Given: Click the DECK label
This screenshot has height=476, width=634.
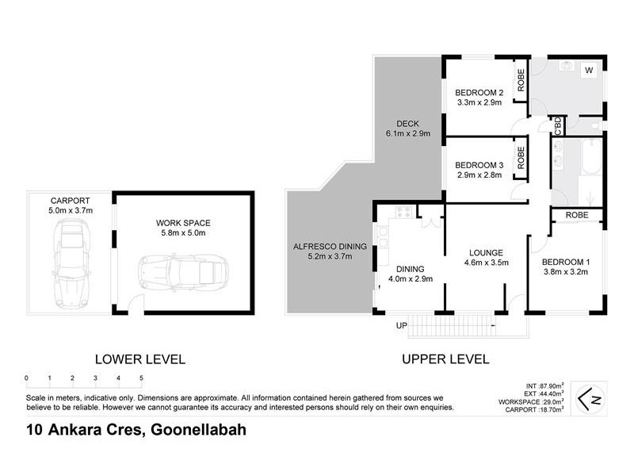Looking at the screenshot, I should coord(407,123).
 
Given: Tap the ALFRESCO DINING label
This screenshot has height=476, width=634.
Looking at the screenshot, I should coord(329,247).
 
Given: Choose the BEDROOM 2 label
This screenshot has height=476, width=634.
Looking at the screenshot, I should coord(479,92).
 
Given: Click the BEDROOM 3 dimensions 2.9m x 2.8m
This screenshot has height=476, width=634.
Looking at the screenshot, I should coord(479,175).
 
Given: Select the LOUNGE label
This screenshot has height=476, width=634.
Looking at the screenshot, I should coord(485,252).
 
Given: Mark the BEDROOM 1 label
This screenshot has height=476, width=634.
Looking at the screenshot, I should coord(565,262).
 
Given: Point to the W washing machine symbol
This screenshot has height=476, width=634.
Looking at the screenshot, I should coord(588,71).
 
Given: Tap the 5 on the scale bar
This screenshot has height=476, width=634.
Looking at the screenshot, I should coord(141,378).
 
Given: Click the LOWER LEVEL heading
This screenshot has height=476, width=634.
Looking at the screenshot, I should coord(139,359).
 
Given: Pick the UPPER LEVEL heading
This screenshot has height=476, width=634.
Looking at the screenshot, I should coord(445,359).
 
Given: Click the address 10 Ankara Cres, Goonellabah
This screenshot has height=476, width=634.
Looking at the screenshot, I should coord(132,431).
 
